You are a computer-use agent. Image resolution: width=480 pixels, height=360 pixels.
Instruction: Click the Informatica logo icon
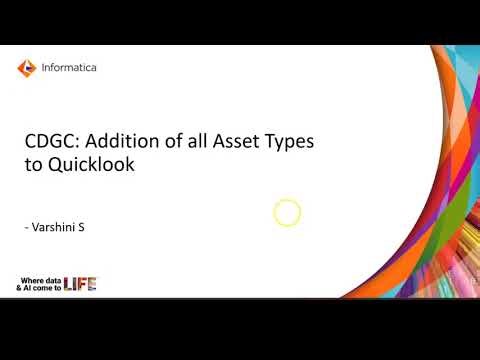tap(26, 68)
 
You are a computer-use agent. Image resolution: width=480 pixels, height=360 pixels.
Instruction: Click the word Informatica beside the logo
tap(70, 68)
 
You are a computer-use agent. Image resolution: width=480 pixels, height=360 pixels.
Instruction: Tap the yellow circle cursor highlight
tap(287, 212)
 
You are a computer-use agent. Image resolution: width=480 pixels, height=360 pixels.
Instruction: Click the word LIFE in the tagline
tap(80, 286)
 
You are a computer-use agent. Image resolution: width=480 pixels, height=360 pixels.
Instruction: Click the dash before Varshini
tap(26, 229)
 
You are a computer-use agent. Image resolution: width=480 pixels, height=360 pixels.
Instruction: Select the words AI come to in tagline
tap(44, 288)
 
